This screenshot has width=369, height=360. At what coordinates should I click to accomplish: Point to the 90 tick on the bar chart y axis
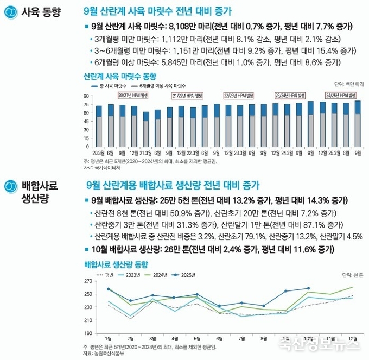click(86, 97)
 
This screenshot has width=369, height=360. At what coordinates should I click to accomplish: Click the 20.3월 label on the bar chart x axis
click(99, 153)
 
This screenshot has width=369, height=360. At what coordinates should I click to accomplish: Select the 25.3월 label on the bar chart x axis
click(334, 153)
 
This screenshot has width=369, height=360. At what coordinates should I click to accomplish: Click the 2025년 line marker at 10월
click(309, 288)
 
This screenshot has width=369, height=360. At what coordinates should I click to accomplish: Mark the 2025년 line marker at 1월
click(109, 289)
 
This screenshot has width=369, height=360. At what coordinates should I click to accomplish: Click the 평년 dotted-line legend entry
click(105, 275)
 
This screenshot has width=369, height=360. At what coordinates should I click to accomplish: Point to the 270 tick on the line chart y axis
click(88, 281)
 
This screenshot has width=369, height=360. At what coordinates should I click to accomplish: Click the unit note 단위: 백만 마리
click(348, 85)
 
